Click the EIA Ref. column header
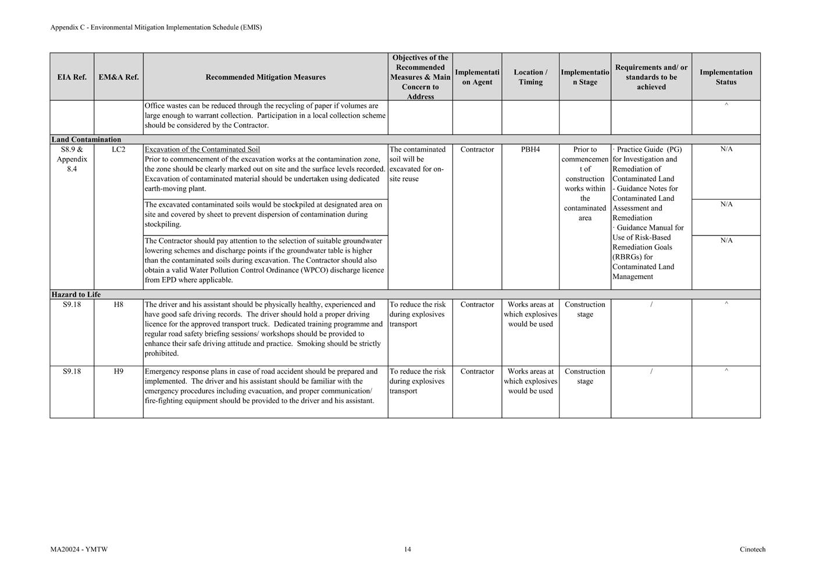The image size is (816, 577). pyautogui.click(x=72, y=77)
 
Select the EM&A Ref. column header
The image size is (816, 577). pyautogui.click(x=119, y=77)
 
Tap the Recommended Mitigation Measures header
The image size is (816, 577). pyautogui.click(x=265, y=77)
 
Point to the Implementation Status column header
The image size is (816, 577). pyautogui.click(x=726, y=77)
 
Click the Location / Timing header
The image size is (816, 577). pyautogui.click(x=530, y=77)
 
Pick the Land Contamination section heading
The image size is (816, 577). pyautogui.click(x=86, y=140)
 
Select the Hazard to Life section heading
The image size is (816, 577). pyautogui.click(x=76, y=294)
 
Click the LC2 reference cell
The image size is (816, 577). pyautogui.click(x=119, y=149)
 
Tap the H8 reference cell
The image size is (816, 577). pyautogui.click(x=119, y=304)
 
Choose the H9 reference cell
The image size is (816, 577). pyautogui.click(x=119, y=371)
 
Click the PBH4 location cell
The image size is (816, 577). pyautogui.click(x=530, y=149)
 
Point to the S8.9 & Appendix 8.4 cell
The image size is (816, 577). pyautogui.click(x=72, y=159)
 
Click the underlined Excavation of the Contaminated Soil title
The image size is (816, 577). pyautogui.click(x=202, y=149)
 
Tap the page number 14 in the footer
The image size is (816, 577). pyautogui.click(x=408, y=549)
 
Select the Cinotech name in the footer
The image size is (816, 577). pyautogui.click(x=753, y=549)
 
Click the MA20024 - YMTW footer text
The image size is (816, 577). pyautogui.click(x=79, y=549)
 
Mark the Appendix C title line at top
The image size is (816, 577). pyautogui.click(x=156, y=27)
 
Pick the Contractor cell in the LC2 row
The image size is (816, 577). pyautogui.click(x=477, y=149)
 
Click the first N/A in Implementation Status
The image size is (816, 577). pyautogui.click(x=726, y=149)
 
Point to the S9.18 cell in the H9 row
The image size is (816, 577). pyautogui.click(x=72, y=371)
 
